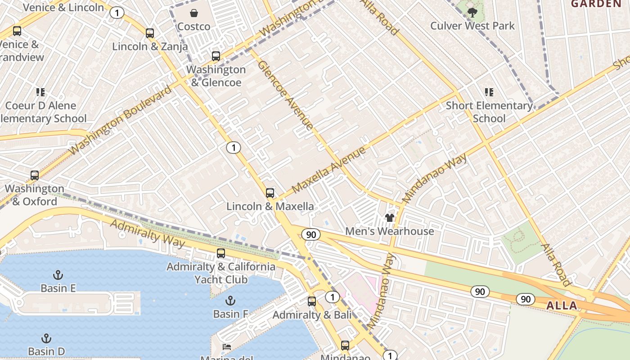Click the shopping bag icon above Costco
click(193, 13)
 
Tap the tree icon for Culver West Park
click(472, 13)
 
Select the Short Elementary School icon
click(489, 92)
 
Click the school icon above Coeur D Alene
click(40, 92)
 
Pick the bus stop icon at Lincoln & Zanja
click(150, 33)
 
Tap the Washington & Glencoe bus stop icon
click(216, 56)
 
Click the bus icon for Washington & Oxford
click(35, 175)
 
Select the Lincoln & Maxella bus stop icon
click(270, 193)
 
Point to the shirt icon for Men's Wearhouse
click(390, 218)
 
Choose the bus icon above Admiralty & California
click(220, 253)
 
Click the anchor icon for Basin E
click(58, 275)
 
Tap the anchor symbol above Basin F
click(230, 301)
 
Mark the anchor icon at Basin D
click(46, 338)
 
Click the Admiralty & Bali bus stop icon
click(312, 301)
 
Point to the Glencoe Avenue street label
click(285, 95)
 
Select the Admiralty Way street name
click(147, 233)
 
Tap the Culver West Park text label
click(472, 26)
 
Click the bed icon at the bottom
click(227, 347)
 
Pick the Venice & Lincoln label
click(63, 7)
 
